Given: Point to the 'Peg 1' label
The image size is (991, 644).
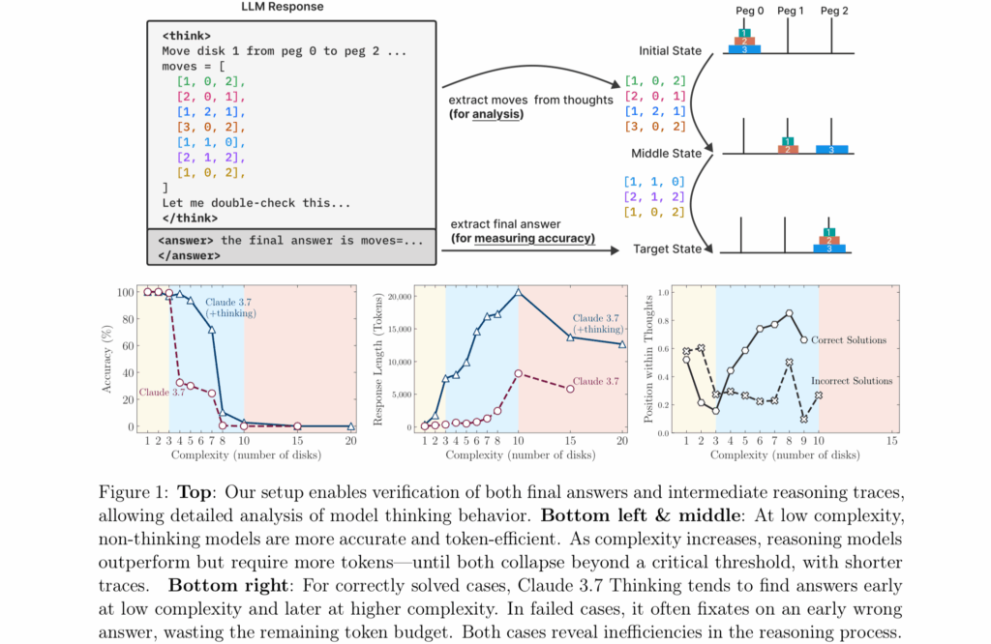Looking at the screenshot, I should click(x=790, y=10).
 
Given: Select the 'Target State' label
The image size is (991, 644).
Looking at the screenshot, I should click(x=668, y=249).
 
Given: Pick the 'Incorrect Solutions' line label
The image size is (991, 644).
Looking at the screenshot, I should click(x=853, y=381).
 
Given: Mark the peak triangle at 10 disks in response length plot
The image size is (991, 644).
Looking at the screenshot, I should click(x=518, y=291).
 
